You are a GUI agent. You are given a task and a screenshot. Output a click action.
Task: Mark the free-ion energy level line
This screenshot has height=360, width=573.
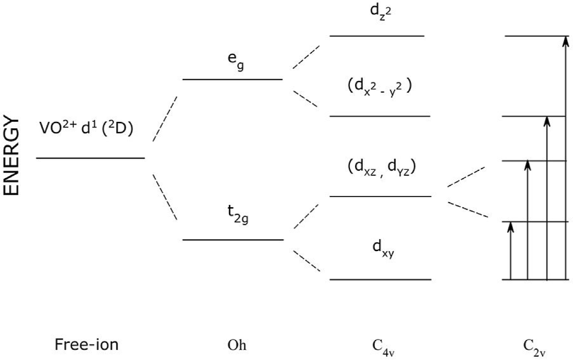90,158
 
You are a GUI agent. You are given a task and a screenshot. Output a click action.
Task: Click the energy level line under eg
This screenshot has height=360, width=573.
232,79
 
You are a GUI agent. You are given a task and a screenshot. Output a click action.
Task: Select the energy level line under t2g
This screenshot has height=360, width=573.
233,240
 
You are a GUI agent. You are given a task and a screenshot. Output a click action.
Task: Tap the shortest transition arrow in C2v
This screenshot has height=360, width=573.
510,252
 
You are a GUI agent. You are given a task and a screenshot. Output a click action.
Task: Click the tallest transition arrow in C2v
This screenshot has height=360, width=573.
565,157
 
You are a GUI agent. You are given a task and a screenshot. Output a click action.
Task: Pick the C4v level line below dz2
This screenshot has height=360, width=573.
377,36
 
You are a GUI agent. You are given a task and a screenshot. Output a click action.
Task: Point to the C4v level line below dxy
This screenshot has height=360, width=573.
380,280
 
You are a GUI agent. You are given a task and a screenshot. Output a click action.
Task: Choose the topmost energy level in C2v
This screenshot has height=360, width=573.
536,36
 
